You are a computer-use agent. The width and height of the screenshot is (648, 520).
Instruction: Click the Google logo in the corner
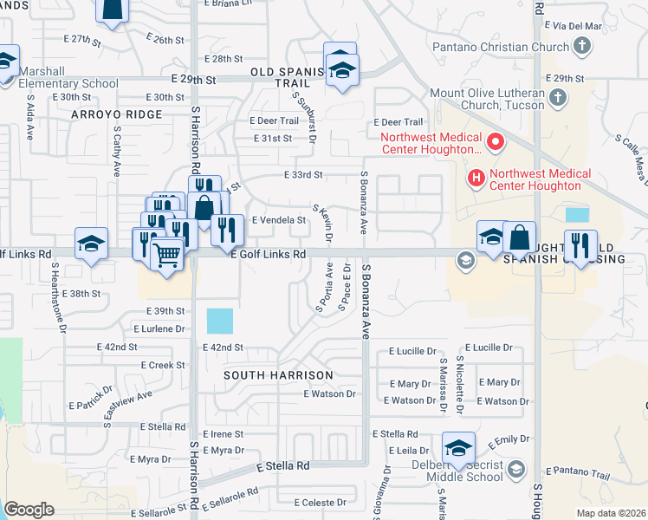[29, 510]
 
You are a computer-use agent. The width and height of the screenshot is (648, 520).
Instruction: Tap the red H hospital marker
[475, 179]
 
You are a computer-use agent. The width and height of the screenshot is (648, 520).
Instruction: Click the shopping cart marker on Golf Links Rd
[166, 255]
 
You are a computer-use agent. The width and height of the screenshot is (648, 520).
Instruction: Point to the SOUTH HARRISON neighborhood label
[278, 375]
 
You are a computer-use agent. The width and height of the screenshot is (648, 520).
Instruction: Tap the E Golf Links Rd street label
[269, 255]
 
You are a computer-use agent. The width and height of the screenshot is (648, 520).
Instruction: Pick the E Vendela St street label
[278, 220]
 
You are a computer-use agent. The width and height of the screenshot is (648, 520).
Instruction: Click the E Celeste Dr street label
[320, 503]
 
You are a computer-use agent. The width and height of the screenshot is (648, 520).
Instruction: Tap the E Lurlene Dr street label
[159, 329]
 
